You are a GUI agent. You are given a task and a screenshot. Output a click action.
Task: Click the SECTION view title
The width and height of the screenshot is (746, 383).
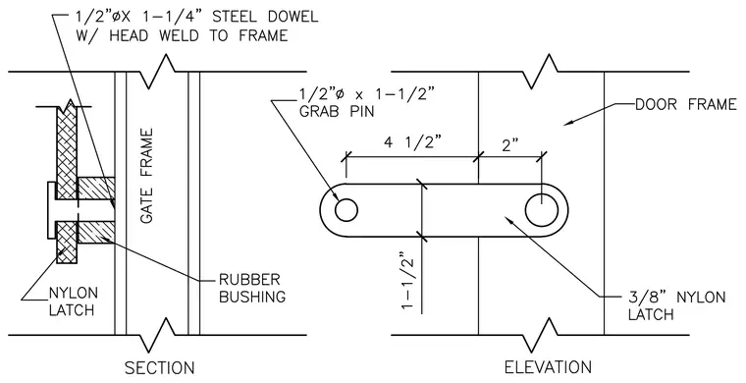click(x=159, y=368)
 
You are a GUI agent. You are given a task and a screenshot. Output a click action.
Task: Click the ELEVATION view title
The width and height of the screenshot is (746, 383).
click(x=548, y=367)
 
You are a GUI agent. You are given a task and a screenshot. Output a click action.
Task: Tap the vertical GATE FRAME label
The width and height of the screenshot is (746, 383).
click(x=147, y=176)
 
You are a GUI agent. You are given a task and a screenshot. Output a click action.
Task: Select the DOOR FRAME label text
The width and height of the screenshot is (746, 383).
click(x=686, y=104)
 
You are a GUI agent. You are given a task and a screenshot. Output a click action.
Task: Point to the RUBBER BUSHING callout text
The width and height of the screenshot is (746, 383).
click(x=252, y=288)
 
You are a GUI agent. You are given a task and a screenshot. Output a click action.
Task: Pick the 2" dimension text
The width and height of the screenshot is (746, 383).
click(x=509, y=144)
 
